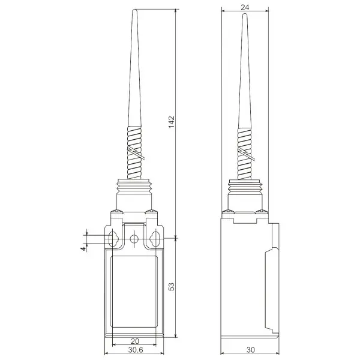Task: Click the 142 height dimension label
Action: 172,122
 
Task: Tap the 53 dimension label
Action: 172,286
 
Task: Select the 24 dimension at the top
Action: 245,7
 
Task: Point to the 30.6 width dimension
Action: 136,350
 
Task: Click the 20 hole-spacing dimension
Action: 135,341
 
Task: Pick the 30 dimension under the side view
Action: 250,350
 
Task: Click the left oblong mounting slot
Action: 113,239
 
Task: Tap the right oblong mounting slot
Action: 155,239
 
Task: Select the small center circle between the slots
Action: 134,239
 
